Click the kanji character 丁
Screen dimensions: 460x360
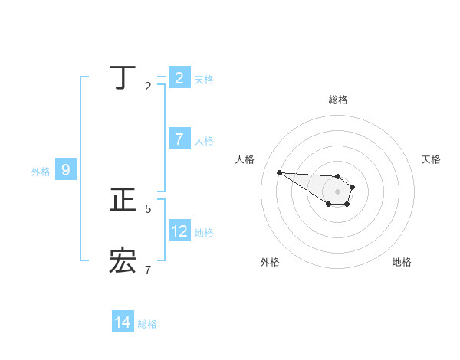123,77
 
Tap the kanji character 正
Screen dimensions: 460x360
123,199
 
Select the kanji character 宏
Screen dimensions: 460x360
123,260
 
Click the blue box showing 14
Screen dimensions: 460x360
123,322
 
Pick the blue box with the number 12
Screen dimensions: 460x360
179,231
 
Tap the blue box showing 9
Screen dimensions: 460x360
66,170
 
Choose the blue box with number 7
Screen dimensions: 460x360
179,139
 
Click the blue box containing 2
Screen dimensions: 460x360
179,77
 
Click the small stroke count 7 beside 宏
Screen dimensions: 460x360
148,270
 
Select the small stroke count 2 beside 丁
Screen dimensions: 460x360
148,87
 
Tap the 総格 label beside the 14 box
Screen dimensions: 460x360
147,324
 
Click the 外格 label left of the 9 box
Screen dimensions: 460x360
41,172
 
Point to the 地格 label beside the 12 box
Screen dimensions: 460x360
204,233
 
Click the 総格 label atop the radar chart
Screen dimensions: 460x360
338,100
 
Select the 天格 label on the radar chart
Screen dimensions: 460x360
431,159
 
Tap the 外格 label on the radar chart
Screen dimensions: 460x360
270,262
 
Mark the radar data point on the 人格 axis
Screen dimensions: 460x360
279,172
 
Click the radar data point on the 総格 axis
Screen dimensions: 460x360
338,176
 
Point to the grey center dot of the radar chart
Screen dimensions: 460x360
338,191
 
